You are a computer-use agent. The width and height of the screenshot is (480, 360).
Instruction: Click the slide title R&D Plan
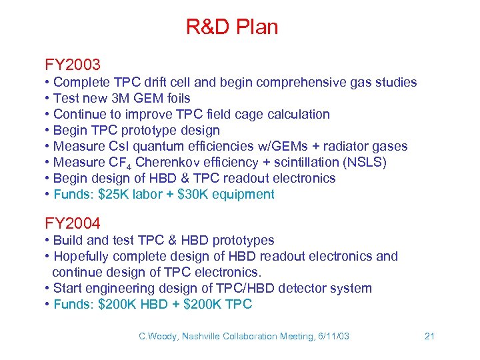click(231, 27)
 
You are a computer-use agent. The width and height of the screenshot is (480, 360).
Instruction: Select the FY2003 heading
click(73, 65)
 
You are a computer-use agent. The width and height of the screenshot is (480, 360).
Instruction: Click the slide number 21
click(429, 336)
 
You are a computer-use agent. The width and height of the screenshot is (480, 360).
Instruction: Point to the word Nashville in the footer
click(200, 337)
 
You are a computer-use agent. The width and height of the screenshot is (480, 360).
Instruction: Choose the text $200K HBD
click(131, 305)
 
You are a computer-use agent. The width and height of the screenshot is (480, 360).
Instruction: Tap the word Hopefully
click(81, 257)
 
